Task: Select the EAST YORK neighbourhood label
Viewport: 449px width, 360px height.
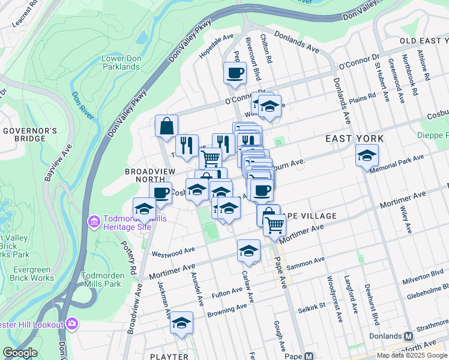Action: [x=354, y=139]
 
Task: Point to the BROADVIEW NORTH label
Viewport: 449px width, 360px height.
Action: [x=145, y=175]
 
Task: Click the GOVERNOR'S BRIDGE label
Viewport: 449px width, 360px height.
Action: [x=30, y=134]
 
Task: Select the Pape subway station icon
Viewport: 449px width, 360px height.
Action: [x=309, y=356]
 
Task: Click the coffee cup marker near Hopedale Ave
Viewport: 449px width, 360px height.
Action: [x=235, y=73]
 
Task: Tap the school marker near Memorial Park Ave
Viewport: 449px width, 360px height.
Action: [x=367, y=155]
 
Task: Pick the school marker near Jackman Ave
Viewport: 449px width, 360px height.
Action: [x=181, y=323]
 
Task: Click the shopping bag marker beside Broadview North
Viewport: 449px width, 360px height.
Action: [x=166, y=126]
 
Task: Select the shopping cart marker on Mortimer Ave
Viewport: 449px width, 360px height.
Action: [x=274, y=225]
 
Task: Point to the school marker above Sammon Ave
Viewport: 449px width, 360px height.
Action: [x=249, y=251]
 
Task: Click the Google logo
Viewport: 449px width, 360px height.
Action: [x=20, y=353]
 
